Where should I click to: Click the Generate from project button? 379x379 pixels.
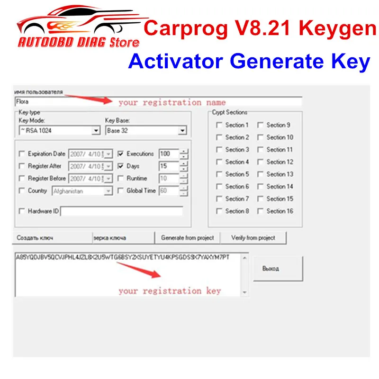[188, 238]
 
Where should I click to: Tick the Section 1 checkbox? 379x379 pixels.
[219, 125]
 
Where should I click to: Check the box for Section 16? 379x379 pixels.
[260, 211]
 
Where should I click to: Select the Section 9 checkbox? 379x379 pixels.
[260, 125]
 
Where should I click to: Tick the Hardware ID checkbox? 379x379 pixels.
[21, 211]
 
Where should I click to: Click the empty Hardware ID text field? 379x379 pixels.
[121, 211]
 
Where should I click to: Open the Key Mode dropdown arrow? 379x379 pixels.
[96, 131]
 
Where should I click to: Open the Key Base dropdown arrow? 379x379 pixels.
[182, 131]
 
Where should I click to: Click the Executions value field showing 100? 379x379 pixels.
[169, 154]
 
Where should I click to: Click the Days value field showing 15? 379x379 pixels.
[169, 166]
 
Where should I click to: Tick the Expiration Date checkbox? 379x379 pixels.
[21, 154]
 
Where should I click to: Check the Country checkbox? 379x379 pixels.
[21, 191]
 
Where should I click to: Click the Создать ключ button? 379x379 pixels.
[35, 238]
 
